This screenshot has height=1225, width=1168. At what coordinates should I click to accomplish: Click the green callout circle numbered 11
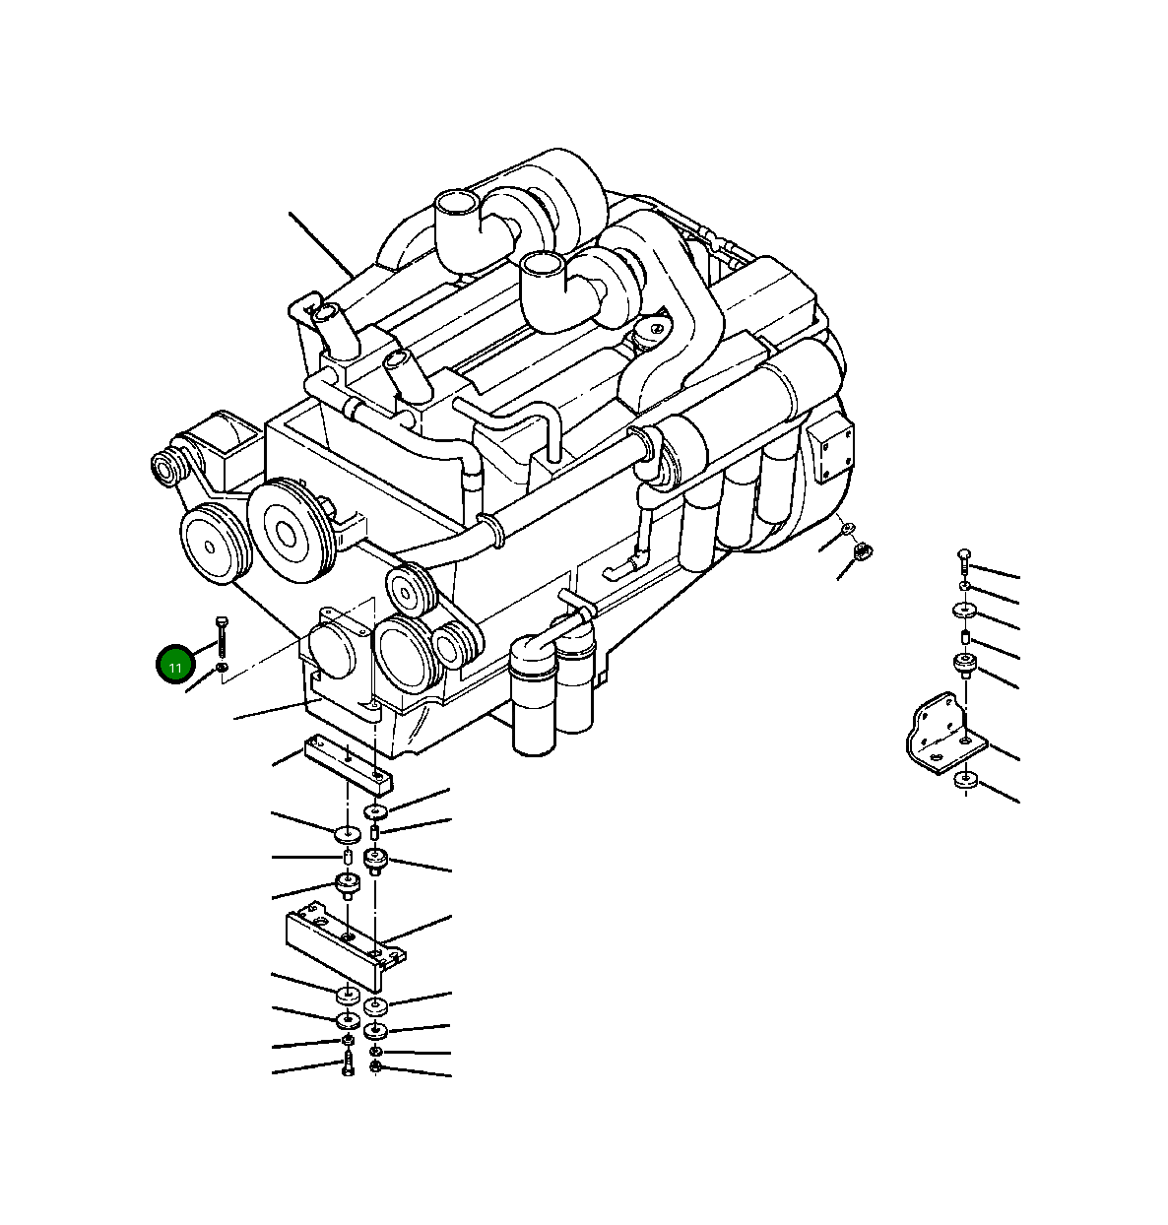174,667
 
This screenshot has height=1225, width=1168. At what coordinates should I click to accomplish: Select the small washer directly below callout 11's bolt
221,668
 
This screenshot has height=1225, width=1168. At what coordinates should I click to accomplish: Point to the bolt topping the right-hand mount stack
964,562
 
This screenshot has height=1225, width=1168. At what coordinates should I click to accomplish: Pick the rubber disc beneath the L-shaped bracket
965,781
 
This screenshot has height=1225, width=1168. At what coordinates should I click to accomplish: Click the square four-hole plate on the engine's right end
831,447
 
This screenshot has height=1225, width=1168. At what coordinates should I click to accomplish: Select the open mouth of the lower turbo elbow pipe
543,264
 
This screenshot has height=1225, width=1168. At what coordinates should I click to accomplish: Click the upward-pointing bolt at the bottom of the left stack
348,1064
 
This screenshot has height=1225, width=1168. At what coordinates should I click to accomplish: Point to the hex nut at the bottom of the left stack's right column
375,1066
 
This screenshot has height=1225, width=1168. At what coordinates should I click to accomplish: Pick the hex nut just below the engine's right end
863,551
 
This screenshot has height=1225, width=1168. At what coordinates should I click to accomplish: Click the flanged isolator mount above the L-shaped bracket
965,666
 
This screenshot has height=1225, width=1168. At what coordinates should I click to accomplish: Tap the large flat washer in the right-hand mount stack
963,611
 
